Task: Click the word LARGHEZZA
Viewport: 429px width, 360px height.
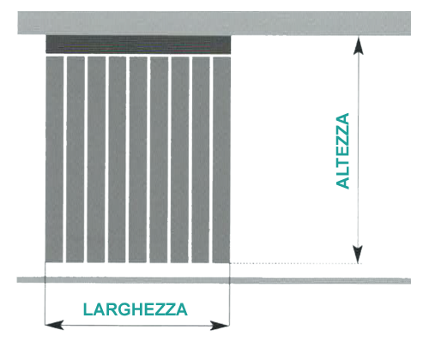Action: point(135,309)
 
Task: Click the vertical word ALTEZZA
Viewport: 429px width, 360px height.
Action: point(342,151)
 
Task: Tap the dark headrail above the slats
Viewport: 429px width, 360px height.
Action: point(138,45)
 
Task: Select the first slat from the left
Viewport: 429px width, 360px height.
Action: point(54,159)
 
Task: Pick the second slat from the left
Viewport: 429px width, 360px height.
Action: point(76,159)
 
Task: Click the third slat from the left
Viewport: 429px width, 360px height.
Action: point(96,159)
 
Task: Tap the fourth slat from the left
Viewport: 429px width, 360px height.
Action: point(117,159)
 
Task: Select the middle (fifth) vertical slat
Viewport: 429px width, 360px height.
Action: point(138,159)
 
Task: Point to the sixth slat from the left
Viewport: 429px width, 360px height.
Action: point(159,159)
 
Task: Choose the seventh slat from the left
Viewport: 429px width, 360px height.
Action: point(180,159)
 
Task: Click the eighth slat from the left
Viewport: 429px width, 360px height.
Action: point(201,159)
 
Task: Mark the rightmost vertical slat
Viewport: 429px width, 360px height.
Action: point(221,159)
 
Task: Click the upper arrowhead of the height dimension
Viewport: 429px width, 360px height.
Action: point(359,45)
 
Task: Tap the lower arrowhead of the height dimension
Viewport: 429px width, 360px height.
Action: point(358,254)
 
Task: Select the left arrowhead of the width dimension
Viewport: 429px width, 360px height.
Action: point(54,325)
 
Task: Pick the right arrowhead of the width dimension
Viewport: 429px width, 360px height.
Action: point(220,326)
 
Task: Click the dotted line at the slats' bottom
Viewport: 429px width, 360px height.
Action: point(296,263)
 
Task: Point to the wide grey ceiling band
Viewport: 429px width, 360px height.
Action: point(214,23)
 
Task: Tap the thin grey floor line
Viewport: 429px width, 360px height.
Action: point(214,280)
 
